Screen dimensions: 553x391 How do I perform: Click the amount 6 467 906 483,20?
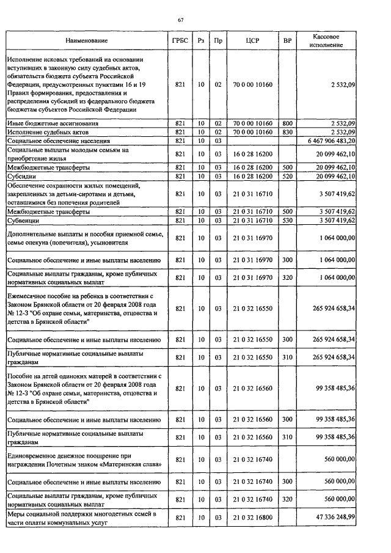tap(330, 141)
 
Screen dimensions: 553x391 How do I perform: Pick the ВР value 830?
tap(287, 132)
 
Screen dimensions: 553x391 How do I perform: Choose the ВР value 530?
tap(287, 220)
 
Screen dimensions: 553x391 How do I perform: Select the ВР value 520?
tap(287, 176)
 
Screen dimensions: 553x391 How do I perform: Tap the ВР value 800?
tap(287, 123)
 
